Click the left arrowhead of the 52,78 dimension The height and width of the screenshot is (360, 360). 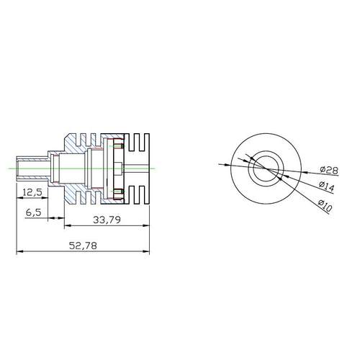pyautogui.click(x=19, y=251)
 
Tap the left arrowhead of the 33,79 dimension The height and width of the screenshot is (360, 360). pyautogui.click(x=67, y=226)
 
